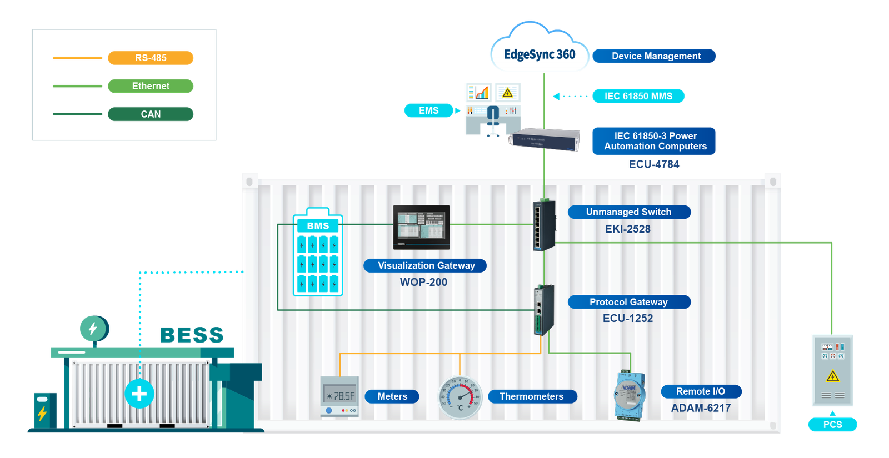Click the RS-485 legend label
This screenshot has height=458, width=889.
pos(151,58)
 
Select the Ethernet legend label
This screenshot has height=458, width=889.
pos(151,86)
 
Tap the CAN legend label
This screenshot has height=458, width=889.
pos(151,114)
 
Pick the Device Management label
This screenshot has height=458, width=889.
pos(656,56)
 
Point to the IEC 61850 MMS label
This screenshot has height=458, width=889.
pos(638,96)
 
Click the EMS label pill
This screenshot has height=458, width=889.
pos(428,110)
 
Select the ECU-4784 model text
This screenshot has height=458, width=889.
pos(654,164)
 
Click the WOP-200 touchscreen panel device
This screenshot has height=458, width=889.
pos(421,227)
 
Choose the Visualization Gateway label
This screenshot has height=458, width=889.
pos(426,265)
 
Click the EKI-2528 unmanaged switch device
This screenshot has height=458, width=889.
pos(544,225)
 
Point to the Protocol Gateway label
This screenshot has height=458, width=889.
pos(628,302)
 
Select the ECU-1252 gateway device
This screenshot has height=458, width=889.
pos(543,310)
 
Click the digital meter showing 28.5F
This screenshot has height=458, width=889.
pos(339,396)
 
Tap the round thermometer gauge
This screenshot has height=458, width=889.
pos(460,397)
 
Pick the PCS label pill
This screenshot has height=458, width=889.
pos(832,425)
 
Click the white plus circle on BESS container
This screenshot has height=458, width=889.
pos(139,394)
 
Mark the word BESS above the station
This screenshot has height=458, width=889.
pos(192,335)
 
